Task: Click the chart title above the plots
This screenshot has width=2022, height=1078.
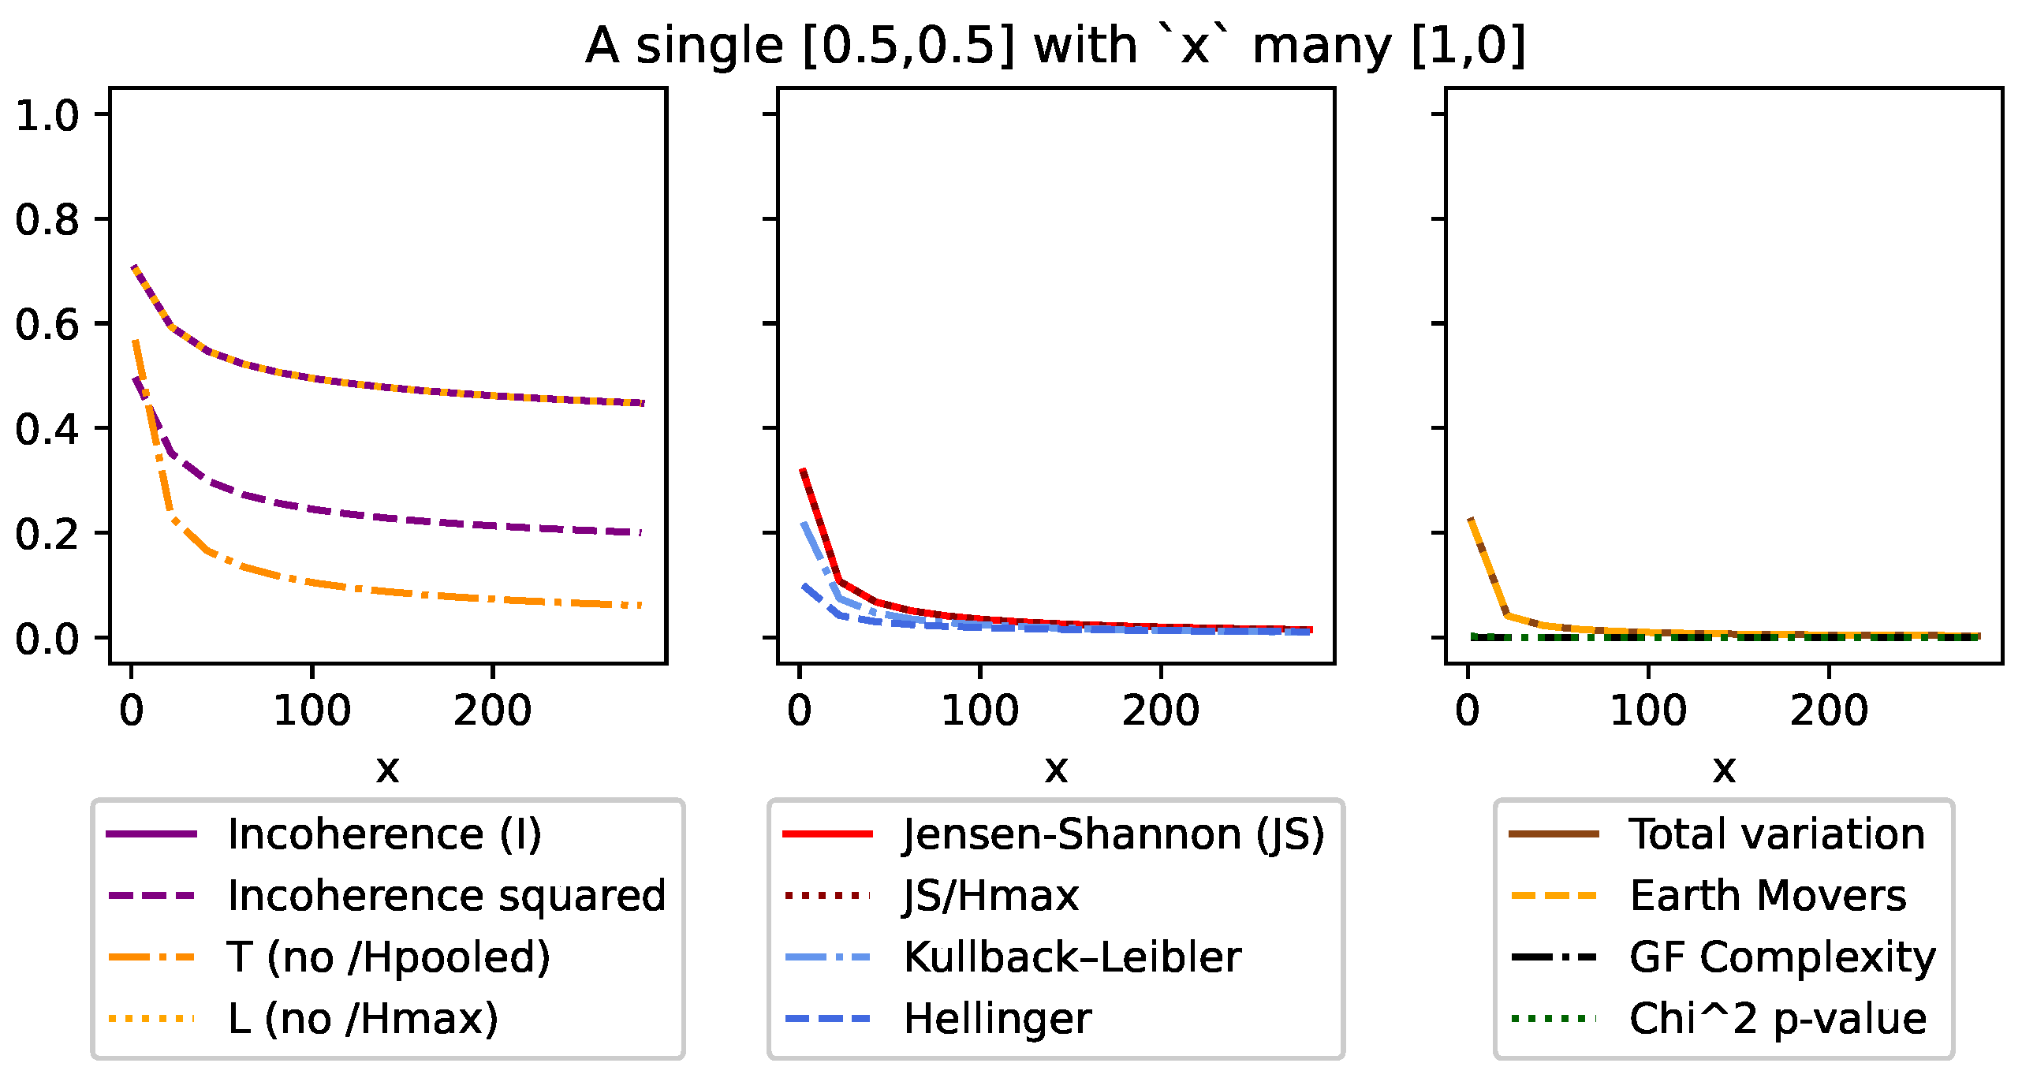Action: click(x=1055, y=46)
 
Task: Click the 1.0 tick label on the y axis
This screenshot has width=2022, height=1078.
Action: click(x=47, y=115)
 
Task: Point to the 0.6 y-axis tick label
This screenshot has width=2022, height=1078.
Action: click(x=47, y=324)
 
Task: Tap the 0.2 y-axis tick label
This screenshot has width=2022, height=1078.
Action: click(x=47, y=534)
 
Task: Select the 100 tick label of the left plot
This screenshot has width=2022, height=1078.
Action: click(x=312, y=711)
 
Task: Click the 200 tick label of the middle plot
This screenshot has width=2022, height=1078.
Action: click(x=1160, y=711)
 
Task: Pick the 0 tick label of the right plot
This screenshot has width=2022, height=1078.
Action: click(x=1467, y=711)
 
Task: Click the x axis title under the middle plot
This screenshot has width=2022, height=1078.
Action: click(x=1056, y=767)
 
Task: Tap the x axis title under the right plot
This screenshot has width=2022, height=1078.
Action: click(x=1724, y=767)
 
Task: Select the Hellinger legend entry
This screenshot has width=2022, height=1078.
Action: click(x=997, y=1019)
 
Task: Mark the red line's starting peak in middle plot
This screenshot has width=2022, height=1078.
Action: click(x=803, y=470)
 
